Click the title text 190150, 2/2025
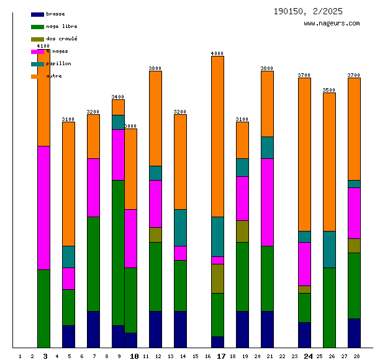pyautogui.click(x=307, y=11)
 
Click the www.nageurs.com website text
pyautogui.click(x=332, y=24)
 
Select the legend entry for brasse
pyautogui.click(x=55, y=14)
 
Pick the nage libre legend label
pyautogui.click(x=61, y=26)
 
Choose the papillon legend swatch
pyautogui.click(x=37, y=64)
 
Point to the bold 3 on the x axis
pyautogui.click(x=45, y=356)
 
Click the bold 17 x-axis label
pyautogui.click(x=221, y=356)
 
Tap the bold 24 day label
pyautogui.click(x=308, y=356)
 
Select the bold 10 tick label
pyautogui.click(x=134, y=356)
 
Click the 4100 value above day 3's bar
pyautogui.click(x=43, y=46)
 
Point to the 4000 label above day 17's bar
pyautogui.click(x=217, y=53)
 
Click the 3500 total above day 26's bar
pyautogui.click(x=329, y=90)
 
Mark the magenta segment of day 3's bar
pyautogui.click(x=43, y=207)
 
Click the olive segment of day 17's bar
pyautogui.click(x=217, y=278)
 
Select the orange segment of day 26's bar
pyautogui.click(x=329, y=161)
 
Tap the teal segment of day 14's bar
pyautogui.click(x=180, y=227)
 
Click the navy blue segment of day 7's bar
pyautogui.click(x=93, y=329)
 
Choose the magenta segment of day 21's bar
pyautogui.click(x=267, y=202)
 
